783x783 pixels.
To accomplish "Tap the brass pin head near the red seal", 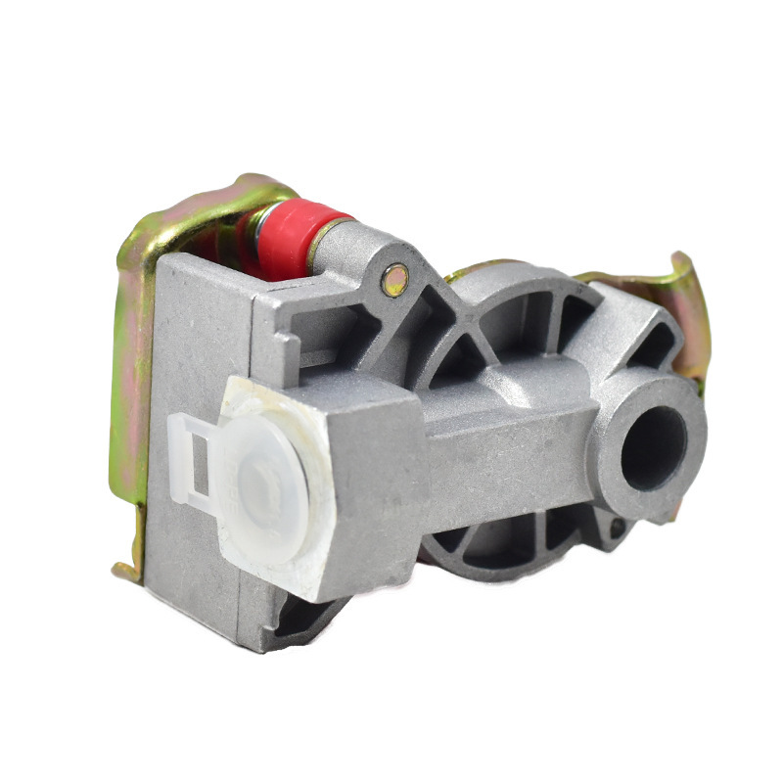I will tap(395, 281).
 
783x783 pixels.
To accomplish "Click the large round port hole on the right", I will tap(653, 446).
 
